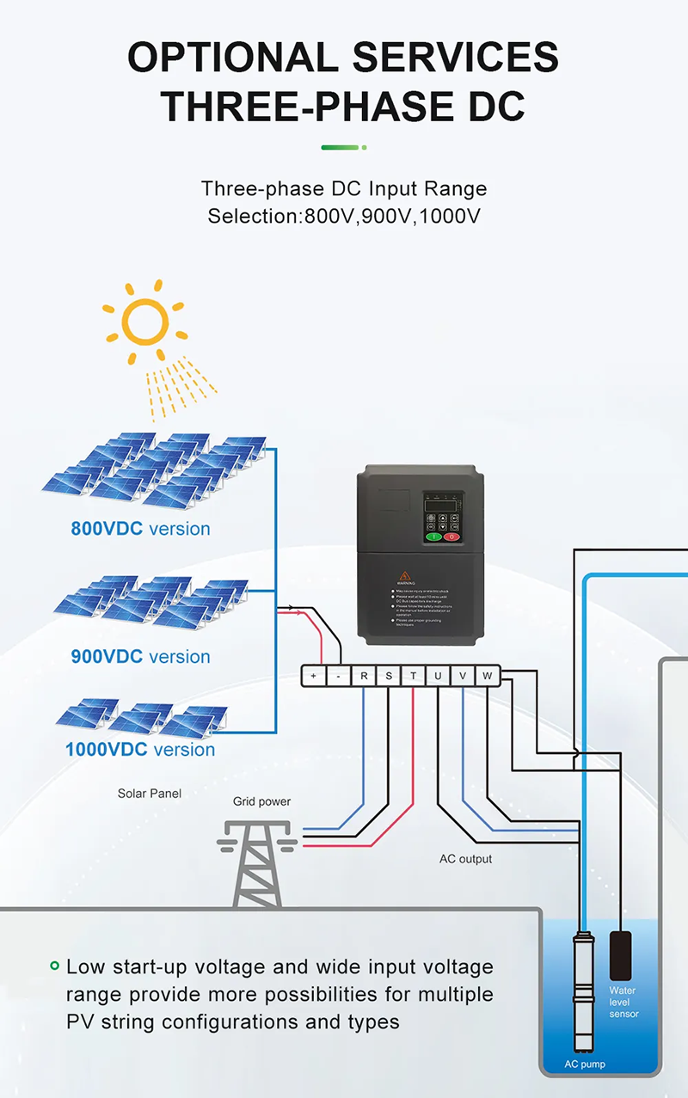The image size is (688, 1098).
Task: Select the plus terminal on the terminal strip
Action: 313,676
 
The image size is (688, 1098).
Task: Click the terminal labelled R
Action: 363,676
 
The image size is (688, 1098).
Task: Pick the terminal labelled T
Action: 413,676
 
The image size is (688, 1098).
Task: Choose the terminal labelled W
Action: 487,676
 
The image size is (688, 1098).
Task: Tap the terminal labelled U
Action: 438,676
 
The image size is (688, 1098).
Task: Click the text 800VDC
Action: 107,529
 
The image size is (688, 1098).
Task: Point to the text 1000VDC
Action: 105,750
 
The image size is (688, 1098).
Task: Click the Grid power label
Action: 261,801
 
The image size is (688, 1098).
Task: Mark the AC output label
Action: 465,859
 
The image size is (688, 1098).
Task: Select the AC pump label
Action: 585,1064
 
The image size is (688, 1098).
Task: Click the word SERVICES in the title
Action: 456,58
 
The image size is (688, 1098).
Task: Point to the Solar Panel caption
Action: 150,794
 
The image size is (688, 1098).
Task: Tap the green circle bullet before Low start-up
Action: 54,966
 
